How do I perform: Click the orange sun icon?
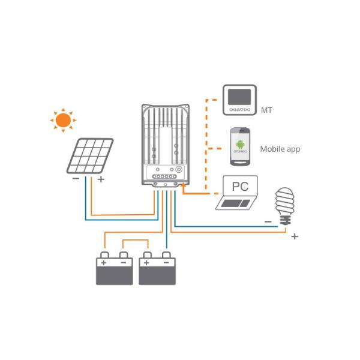[x=62, y=120]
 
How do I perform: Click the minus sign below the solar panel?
[x=76, y=179]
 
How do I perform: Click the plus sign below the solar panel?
[x=100, y=179]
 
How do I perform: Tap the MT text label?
[x=267, y=110]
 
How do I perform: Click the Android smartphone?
[x=240, y=146]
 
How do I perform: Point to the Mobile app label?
[x=280, y=149]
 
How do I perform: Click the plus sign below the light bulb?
[x=295, y=236]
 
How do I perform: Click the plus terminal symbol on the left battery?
[x=104, y=263]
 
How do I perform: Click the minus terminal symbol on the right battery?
[x=166, y=263]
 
